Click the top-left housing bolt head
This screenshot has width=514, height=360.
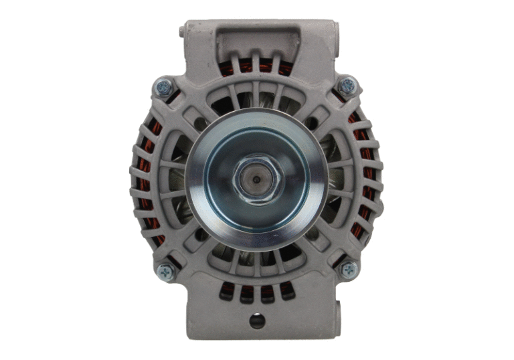(164, 87)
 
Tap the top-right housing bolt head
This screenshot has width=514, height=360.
(347, 86)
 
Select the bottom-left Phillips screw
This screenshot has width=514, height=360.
(165, 271)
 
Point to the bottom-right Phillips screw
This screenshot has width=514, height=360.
(348, 270)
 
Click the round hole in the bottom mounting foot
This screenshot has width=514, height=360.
(257, 321)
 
